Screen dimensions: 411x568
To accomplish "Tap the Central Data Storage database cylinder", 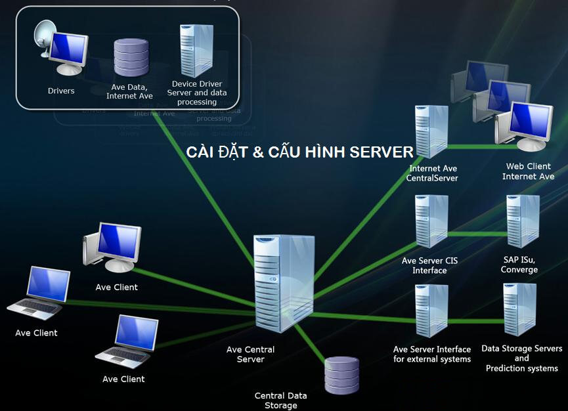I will pyautogui.click(x=342, y=376).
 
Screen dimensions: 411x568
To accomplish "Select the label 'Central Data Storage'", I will pyautogui.click(x=280, y=400).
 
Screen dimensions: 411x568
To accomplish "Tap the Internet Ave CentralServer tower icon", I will pyautogui.click(x=431, y=131).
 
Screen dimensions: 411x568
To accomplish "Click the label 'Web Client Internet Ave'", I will pyautogui.click(x=528, y=171).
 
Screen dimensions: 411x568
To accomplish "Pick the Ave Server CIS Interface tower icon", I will pyautogui.click(x=431, y=222).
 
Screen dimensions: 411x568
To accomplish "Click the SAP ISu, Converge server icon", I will pyautogui.click(x=522, y=221).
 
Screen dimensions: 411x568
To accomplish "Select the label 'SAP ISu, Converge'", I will pyautogui.click(x=519, y=265).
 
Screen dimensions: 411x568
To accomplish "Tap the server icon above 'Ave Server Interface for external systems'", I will pyautogui.click(x=431, y=311).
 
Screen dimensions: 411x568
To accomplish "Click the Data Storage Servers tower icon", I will pyautogui.click(x=519, y=309).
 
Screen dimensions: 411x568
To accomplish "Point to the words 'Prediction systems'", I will pyautogui.click(x=521, y=368).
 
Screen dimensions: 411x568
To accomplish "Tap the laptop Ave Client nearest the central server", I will pyautogui.click(x=129, y=341).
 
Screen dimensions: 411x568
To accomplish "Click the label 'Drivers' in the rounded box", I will pyautogui.click(x=61, y=91).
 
